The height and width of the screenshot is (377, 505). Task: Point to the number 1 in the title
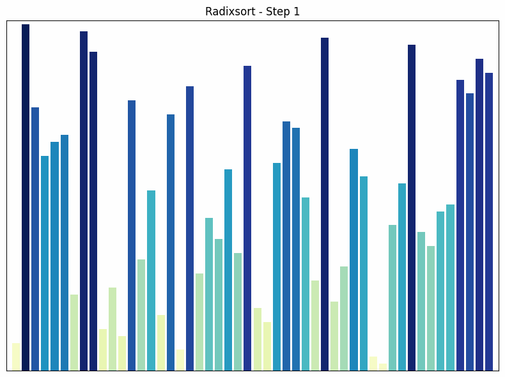pyautogui.click(x=297, y=12)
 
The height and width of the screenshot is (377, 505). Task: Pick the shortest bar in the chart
pyautogui.click(x=382, y=367)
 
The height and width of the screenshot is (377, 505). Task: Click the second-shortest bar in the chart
pyautogui.click(x=373, y=364)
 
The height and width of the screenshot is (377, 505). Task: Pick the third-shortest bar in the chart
pyautogui.click(x=180, y=360)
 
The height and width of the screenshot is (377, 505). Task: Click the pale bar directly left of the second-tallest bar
pyautogui.click(x=74, y=332)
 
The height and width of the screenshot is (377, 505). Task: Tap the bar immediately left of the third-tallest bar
pyautogui.click(x=315, y=325)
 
